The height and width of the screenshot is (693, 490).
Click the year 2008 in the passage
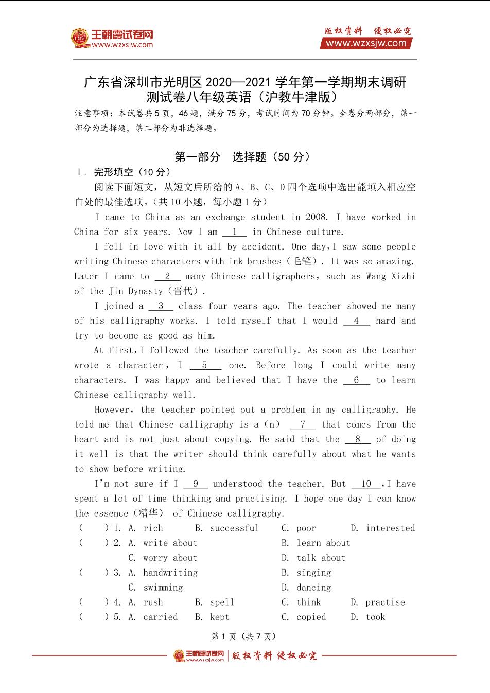(316, 217)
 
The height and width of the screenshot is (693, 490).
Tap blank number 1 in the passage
(235, 232)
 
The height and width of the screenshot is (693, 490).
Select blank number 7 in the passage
(303, 425)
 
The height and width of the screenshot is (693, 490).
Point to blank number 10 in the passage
(366, 484)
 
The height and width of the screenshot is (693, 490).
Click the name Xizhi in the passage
(404, 277)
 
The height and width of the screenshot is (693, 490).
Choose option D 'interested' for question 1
(390, 528)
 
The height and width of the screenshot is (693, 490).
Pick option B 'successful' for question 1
(234, 528)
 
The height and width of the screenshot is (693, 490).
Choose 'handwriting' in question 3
(170, 573)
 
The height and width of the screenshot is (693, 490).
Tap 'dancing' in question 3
(313, 588)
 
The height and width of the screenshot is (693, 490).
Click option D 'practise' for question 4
(384, 602)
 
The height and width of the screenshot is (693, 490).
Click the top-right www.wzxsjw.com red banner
(366, 44)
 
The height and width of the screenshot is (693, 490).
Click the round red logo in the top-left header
(80, 38)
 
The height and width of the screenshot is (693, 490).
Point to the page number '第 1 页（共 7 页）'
(244, 637)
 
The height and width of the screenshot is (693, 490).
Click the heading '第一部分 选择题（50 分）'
(242, 157)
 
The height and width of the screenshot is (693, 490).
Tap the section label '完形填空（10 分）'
(132, 172)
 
